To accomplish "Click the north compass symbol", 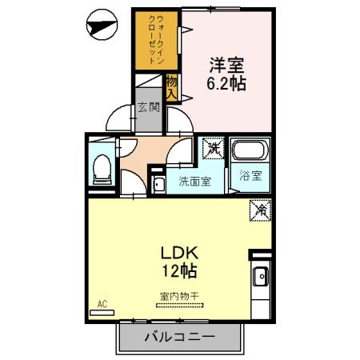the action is tap(102, 25).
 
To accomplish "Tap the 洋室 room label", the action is tap(226, 66).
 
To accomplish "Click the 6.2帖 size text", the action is tap(226, 84).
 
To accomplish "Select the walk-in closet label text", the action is tap(157, 39).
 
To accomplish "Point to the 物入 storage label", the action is tap(172, 87).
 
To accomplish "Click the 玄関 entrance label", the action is tap(149, 107).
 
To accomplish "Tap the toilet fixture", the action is tap(102, 170).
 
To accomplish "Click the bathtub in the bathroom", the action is tap(250, 150).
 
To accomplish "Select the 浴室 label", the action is tap(250, 176).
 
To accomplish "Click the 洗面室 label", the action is tap(195, 182).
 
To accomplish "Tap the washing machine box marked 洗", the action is tap(213, 148).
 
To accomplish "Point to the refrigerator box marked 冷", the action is tap(260, 210).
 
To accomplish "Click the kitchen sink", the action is tap(261, 276).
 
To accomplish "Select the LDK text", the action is tap(179, 253).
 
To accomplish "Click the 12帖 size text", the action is tap(179, 270).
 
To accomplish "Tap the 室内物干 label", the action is tap(179, 296).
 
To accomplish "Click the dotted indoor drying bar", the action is tap(179, 306).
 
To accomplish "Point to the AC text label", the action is tap(102, 304).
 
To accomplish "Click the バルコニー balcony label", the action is tap(179, 337).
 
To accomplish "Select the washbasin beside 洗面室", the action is tap(158, 184).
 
